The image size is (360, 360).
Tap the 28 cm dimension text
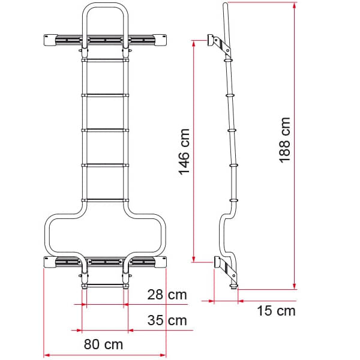coord(167,295)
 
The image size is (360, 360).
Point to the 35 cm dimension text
coord(167,320)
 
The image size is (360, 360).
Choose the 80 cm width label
coord(103,344)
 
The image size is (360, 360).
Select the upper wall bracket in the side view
coord(217,43)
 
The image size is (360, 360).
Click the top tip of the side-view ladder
coord(225,5)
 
